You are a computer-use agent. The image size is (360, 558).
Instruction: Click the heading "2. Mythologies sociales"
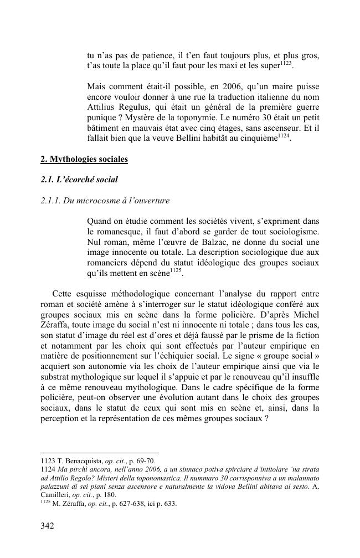click(x=84, y=160)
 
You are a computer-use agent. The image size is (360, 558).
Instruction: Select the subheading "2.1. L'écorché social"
click(x=79, y=180)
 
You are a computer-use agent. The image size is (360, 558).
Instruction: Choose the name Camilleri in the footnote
click(x=57, y=495)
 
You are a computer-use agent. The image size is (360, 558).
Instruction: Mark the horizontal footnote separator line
click(x=100, y=453)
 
